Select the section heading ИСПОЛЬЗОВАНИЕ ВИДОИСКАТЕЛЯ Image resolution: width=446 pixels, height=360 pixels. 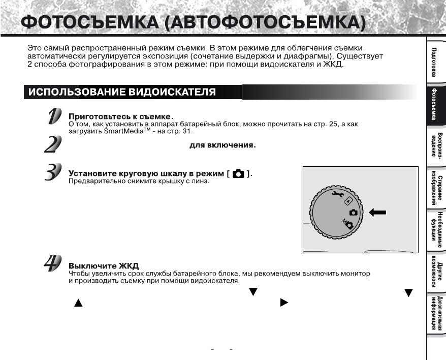[122, 92]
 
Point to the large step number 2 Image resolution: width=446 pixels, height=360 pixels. [52, 144]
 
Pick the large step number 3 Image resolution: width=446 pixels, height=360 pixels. [53, 173]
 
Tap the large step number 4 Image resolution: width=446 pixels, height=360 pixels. [53, 264]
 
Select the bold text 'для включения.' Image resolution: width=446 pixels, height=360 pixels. [222, 145]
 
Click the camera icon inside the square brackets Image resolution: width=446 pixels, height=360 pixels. [238, 174]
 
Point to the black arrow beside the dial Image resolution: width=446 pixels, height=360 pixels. [378, 213]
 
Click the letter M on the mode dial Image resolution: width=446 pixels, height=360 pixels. [344, 222]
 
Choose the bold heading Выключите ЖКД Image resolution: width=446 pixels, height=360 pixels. [104, 266]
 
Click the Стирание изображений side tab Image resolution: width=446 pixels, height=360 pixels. [435, 189]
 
